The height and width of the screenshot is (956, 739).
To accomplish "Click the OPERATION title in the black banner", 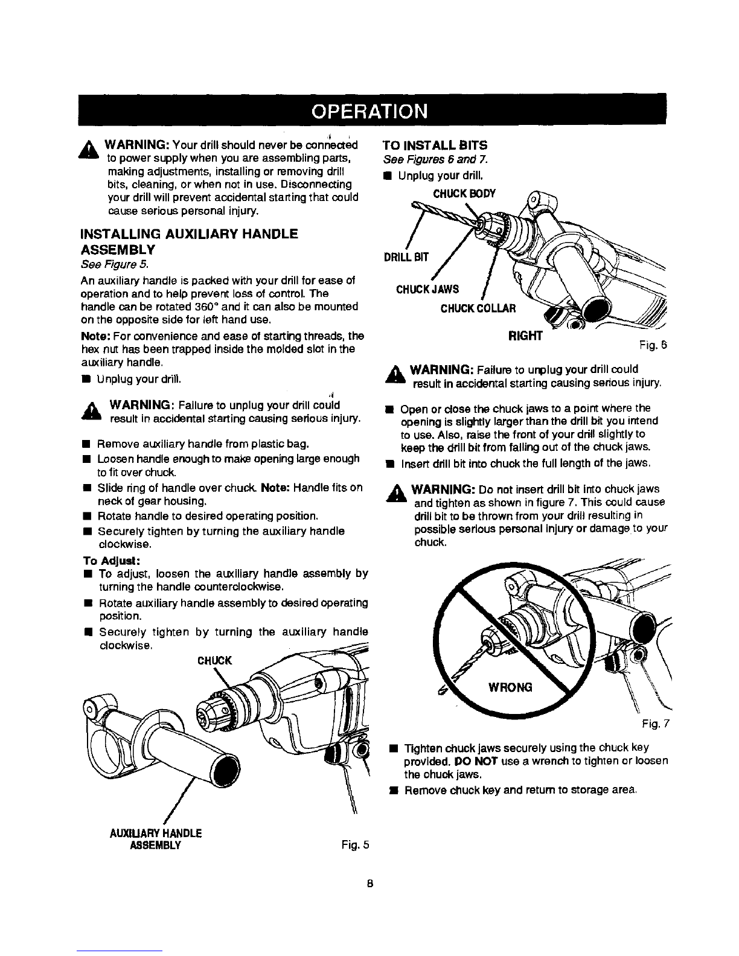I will [x=369, y=112].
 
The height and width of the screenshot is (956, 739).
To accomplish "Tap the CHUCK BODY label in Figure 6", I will [x=465, y=193].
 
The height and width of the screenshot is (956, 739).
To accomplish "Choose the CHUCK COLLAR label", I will [x=478, y=309].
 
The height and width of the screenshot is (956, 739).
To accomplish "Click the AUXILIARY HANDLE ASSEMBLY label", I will [x=155, y=839].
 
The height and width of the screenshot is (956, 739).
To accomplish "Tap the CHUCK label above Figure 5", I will [x=215, y=660].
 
